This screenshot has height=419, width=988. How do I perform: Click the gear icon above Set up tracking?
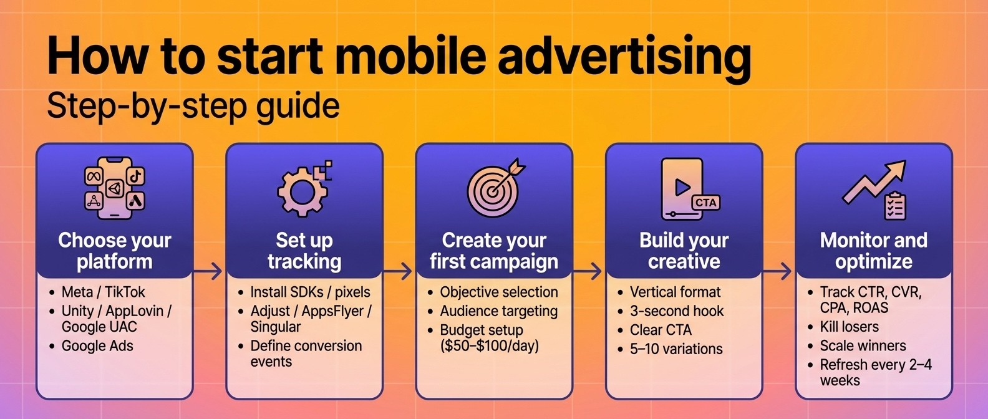click(x=303, y=191)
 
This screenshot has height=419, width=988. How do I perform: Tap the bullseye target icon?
click(x=493, y=190)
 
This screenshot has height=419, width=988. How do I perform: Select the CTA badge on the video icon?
click(x=705, y=203)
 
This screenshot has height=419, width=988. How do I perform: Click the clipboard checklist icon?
click(x=895, y=205)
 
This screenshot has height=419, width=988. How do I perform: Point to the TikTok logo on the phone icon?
click(x=136, y=176)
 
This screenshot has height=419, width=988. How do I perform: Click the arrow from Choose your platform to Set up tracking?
click(x=208, y=271)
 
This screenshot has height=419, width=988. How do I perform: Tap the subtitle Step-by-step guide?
click(x=193, y=106)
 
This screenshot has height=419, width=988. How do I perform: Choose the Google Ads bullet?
click(x=97, y=346)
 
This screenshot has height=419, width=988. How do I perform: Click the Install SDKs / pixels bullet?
click(x=310, y=292)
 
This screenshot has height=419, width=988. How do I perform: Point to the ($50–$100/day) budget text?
click(x=490, y=345)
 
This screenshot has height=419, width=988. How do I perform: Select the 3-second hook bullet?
click(x=677, y=311)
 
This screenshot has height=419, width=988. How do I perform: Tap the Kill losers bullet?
click(x=849, y=327)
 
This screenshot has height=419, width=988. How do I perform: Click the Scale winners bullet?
click(x=863, y=345)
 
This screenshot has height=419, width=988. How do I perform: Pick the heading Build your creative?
click(x=684, y=251)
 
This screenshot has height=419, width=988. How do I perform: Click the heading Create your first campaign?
click(x=494, y=251)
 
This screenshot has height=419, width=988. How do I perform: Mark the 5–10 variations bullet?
click(x=676, y=349)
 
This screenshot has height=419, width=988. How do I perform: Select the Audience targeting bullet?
click(x=498, y=311)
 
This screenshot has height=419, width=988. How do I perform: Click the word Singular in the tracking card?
click(x=276, y=327)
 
